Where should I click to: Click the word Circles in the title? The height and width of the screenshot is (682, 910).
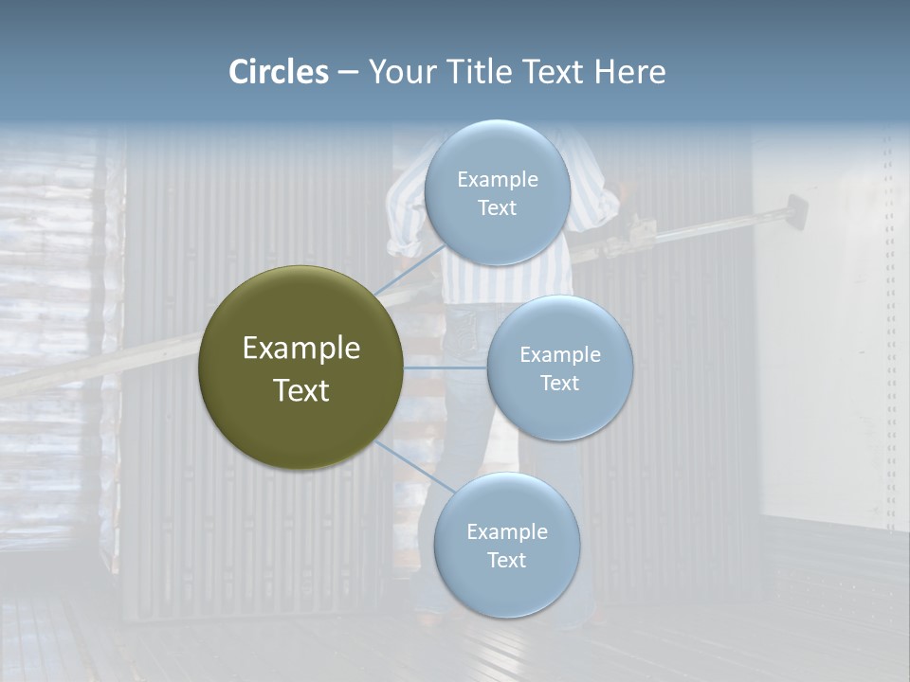pyautogui.click(x=279, y=72)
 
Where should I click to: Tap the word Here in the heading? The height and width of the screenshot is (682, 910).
pyautogui.click(x=629, y=72)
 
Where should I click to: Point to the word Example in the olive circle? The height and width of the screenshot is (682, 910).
pyautogui.click(x=301, y=349)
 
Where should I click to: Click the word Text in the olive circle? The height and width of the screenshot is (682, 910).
pyautogui.click(x=301, y=390)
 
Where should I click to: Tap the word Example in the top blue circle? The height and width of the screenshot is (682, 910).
pyautogui.click(x=497, y=180)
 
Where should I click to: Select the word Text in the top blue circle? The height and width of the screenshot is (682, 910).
pyautogui.click(x=497, y=208)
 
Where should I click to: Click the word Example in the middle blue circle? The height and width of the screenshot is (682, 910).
pyautogui.click(x=559, y=355)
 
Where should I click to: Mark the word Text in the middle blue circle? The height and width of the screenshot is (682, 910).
pyautogui.click(x=559, y=384)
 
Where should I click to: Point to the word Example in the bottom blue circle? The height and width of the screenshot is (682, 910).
pyautogui.click(x=507, y=532)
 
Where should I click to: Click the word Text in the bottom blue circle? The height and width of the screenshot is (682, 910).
pyautogui.click(x=507, y=561)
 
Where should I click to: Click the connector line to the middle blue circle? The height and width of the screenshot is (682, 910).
pyautogui.click(x=446, y=368)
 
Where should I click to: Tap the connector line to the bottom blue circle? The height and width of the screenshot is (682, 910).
pyautogui.click(x=415, y=467)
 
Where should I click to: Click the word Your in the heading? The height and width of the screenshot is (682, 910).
pyautogui.click(x=400, y=72)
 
